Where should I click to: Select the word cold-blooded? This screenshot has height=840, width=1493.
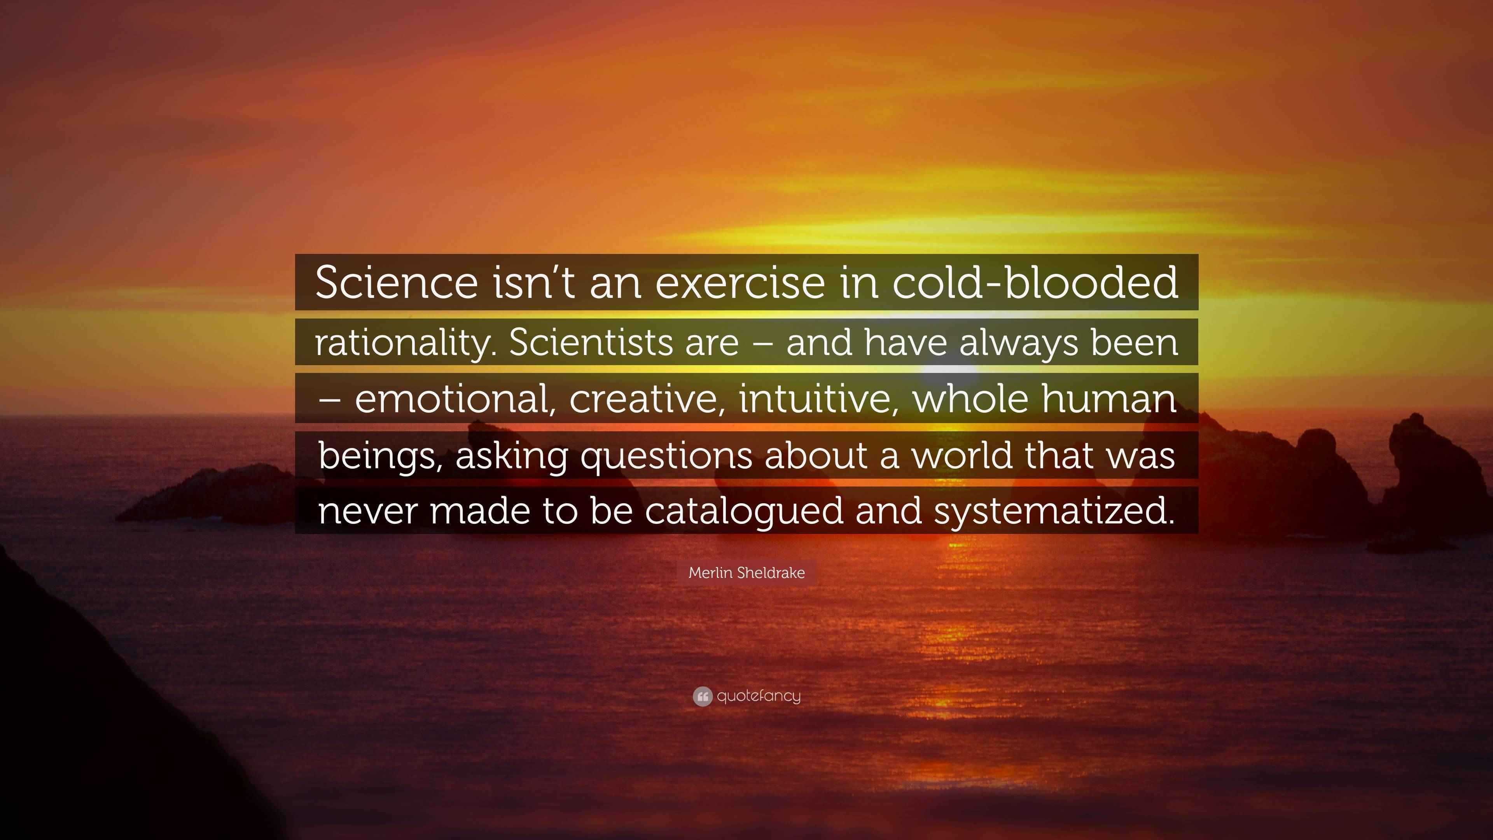tap(1035, 282)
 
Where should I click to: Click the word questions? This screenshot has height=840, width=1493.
tap(666, 456)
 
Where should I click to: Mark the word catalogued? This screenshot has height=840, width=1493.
tap(744, 512)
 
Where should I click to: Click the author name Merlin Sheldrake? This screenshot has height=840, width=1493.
tap(746, 573)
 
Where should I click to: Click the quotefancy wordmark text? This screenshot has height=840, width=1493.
tap(759, 696)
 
